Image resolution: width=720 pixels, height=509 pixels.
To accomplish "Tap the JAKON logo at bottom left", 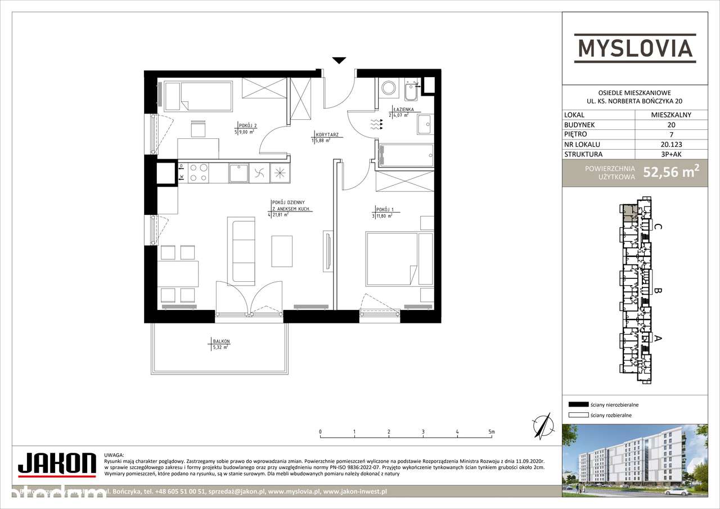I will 56,463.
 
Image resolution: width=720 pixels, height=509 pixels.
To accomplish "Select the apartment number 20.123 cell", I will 671,144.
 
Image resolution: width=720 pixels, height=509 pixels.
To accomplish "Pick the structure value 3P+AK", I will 671,154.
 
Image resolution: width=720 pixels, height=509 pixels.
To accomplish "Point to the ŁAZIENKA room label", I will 403,110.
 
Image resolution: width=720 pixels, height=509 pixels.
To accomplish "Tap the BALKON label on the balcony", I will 221,341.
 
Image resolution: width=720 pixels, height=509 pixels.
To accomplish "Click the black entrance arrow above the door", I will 339,60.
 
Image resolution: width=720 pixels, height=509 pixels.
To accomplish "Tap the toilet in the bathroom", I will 388,88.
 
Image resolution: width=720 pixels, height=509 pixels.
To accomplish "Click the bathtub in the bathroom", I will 406,155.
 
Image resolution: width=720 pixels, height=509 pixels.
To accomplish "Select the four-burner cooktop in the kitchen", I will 197,172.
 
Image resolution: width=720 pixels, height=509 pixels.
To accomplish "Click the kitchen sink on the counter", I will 238,173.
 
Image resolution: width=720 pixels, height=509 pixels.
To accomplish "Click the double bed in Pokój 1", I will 392,259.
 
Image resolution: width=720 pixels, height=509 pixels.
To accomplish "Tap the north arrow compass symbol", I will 542,425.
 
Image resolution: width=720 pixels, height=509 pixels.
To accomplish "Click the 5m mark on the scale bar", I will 492,432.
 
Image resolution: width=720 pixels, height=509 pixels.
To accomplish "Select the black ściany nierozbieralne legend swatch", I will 578,404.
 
